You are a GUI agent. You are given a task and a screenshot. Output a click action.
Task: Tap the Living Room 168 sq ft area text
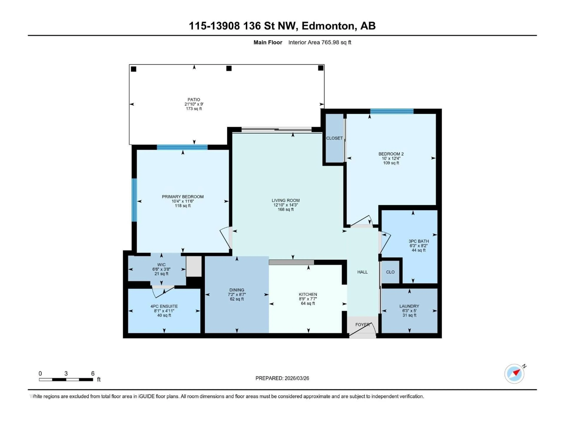coord(286,209)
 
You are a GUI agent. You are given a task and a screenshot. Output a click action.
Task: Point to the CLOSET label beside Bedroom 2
coord(334,138)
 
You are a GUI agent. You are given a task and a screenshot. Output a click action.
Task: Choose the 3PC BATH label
coord(418,241)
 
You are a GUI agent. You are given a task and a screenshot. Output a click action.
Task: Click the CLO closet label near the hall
coord(390,272)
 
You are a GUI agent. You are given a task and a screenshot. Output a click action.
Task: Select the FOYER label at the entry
coord(362,325)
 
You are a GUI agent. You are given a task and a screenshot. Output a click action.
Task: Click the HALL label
coord(362,272)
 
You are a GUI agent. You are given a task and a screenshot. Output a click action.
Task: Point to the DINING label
coord(237,290)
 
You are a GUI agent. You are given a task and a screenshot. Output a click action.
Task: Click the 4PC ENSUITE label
coord(164,306)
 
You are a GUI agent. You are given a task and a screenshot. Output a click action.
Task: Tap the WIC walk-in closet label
coord(161,265)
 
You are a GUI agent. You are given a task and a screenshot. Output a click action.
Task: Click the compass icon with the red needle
coord(514,374)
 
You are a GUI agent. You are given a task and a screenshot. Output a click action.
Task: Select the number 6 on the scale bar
coord(93,373)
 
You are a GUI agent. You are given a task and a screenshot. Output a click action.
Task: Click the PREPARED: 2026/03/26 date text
coord(282,378)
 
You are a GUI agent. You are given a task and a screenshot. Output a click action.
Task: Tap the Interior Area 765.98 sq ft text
coord(320,42)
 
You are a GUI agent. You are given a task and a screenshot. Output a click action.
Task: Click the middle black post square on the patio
coord(229,68)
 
